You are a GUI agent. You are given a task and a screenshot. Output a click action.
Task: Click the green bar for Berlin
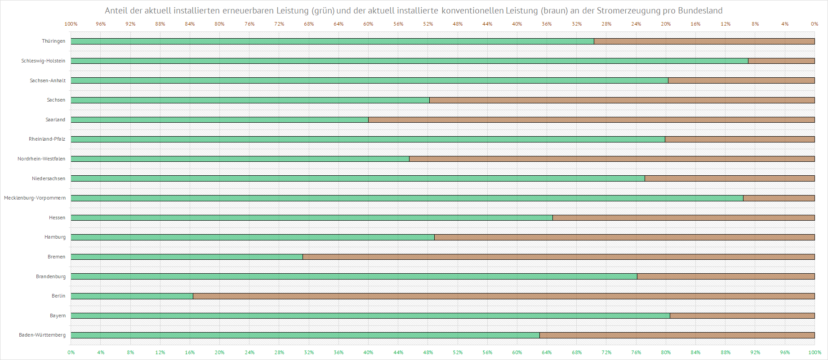(x=132, y=296)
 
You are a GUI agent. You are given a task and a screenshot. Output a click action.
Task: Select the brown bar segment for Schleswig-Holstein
(x=781, y=61)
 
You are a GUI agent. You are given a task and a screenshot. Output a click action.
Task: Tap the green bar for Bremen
(x=187, y=257)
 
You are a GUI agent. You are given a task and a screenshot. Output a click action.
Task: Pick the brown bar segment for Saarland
(x=591, y=120)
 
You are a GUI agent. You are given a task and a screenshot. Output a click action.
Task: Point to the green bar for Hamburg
(x=252, y=237)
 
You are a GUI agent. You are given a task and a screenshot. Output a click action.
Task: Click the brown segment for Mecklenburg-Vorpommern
(x=779, y=198)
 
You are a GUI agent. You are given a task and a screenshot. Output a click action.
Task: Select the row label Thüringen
(x=53, y=41)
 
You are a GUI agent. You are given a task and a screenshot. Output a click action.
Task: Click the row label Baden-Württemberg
(x=42, y=335)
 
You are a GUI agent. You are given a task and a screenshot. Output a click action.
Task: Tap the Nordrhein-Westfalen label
(x=41, y=159)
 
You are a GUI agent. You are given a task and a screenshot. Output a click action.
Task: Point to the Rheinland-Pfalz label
(x=47, y=139)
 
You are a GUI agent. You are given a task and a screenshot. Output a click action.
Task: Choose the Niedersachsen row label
(x=49, y=179)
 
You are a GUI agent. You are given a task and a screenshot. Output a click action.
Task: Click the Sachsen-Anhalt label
(x=48, y=81)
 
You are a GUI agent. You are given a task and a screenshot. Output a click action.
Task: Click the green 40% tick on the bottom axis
(x=368, y=352)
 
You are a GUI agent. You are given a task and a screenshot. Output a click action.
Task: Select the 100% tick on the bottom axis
(x=815, y=352)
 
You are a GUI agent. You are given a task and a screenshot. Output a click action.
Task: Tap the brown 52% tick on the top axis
(x=428, y=24)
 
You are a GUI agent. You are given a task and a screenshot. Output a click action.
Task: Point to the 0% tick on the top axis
(x=815, y=24)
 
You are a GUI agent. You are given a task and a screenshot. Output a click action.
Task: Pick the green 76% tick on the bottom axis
(x=636, y=352)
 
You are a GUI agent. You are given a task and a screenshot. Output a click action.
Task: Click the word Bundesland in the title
(x=700, y=11)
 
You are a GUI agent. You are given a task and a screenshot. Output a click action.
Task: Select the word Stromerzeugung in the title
(x=628, y=11)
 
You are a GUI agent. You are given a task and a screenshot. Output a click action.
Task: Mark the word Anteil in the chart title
(x=116, y=11)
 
